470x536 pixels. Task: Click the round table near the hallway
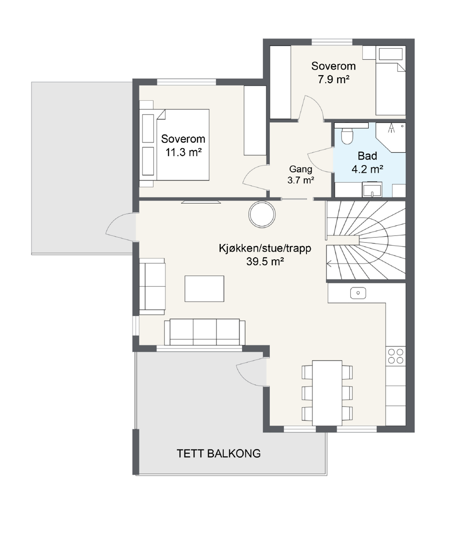pyautogui.click(x=262, y=214)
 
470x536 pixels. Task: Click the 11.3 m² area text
pyautogui.click(x=183, y=152)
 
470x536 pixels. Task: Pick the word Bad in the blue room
pyautogui.click(x=367, y=156)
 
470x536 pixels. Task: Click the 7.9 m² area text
pyautogui.click(x=334, y=79)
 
